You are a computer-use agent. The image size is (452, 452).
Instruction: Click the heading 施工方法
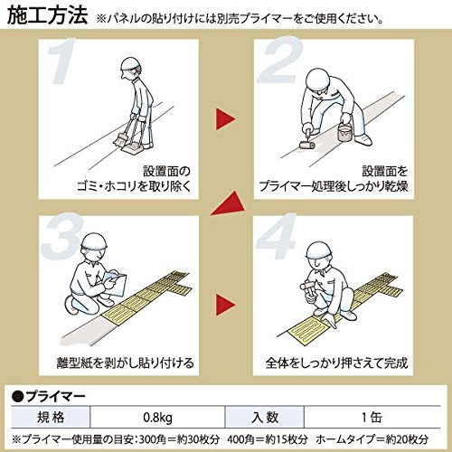click(47, 16)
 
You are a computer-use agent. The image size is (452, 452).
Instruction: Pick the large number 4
click(277, 237)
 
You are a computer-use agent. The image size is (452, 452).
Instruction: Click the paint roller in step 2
click(306, 145)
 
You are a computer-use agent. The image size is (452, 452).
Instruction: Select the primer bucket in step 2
click(344, 132)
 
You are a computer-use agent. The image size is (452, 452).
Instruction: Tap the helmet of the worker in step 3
click(94, 241)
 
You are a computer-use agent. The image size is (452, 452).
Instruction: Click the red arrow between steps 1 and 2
click(225, 119)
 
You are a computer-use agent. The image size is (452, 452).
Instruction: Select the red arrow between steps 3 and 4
click(225, 305)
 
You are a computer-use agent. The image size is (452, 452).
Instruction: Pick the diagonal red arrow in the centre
click(230, 204)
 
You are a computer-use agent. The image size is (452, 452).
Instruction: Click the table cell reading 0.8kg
click(157, 418)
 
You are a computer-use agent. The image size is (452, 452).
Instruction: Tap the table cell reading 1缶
click(372, 418)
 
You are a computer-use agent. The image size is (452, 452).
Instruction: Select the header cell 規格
click(51, 418)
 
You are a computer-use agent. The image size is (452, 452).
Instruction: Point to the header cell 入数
click(265, 418)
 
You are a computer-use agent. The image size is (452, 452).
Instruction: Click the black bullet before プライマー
click(18, 396)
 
